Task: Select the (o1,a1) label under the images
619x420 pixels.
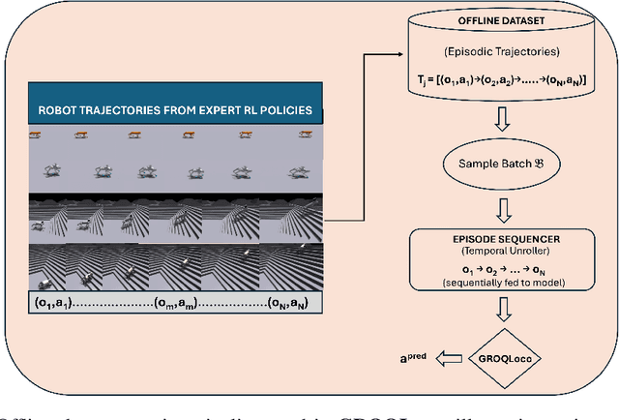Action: click(53, 303)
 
